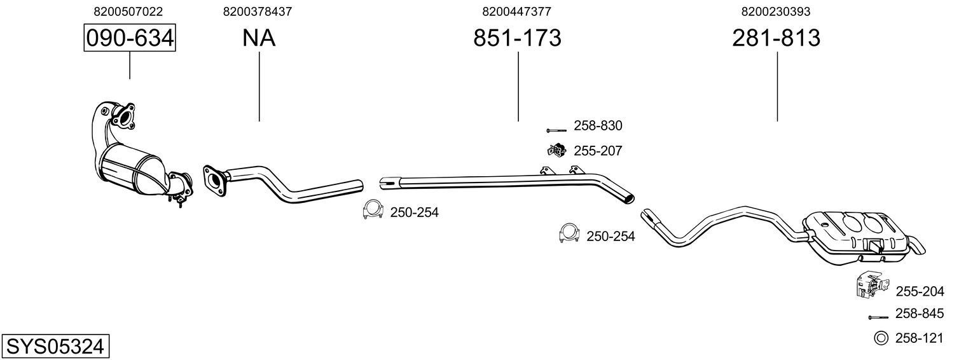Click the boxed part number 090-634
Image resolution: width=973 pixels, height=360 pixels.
click(x=130, y=38)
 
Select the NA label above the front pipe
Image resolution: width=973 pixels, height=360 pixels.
click(x=258, y=38)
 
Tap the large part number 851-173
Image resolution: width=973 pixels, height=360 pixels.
click(x=517, y=38)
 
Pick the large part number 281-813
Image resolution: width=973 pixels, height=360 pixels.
click(x=776, y=38)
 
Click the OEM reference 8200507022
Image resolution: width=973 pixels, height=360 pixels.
click(x=128, y=11)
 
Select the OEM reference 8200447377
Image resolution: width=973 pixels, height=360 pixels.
click(x=516, y=11)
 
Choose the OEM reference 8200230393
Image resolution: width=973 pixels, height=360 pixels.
click(x=776, y=11)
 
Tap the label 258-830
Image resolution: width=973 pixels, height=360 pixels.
click(x=598, y=126)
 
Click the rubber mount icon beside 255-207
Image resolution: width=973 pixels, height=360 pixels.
click(x=556, y=151)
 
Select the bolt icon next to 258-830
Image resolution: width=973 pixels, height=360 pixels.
click(x=556, y=130)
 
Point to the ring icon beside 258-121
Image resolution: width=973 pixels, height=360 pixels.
click(x=881, y=338)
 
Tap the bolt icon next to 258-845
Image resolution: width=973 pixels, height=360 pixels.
click(x=878, y=316)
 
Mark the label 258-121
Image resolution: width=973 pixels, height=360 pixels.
click(x=919, y=338)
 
